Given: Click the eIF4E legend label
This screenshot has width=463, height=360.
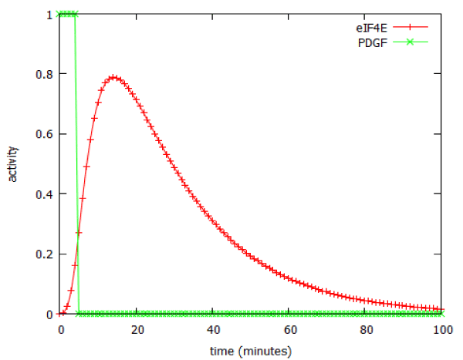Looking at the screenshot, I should (381, 29).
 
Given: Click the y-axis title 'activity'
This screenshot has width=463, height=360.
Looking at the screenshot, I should (13, 163).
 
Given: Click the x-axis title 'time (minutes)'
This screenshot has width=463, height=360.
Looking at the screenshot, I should (252, 351).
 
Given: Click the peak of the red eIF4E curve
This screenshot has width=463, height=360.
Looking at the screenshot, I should (113, 77).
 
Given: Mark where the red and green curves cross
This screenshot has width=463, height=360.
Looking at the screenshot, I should (78, 239).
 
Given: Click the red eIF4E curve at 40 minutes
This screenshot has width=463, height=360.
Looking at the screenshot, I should (214, 221).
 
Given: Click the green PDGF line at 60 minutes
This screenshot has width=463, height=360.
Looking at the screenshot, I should (290, 314).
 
